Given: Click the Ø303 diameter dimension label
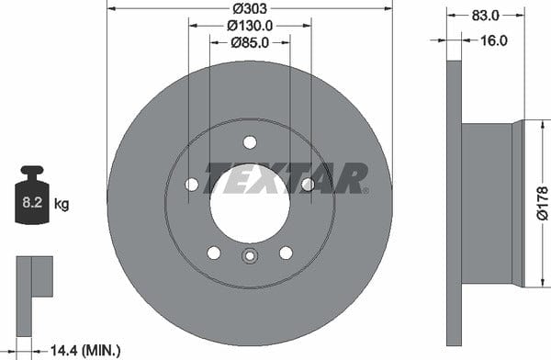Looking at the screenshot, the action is point(250,8).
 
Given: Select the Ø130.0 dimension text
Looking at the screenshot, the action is point(250,26).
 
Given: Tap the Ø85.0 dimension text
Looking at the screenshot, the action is point(250,42).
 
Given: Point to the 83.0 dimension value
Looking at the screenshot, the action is point(485,16).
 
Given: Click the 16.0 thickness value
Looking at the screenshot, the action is point(494,40).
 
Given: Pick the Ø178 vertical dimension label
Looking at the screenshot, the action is point(543,203).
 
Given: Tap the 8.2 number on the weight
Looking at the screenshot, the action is point(32,202).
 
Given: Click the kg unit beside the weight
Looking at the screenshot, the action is point(62,204).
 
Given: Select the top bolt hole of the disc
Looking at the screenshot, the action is point(250,142).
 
